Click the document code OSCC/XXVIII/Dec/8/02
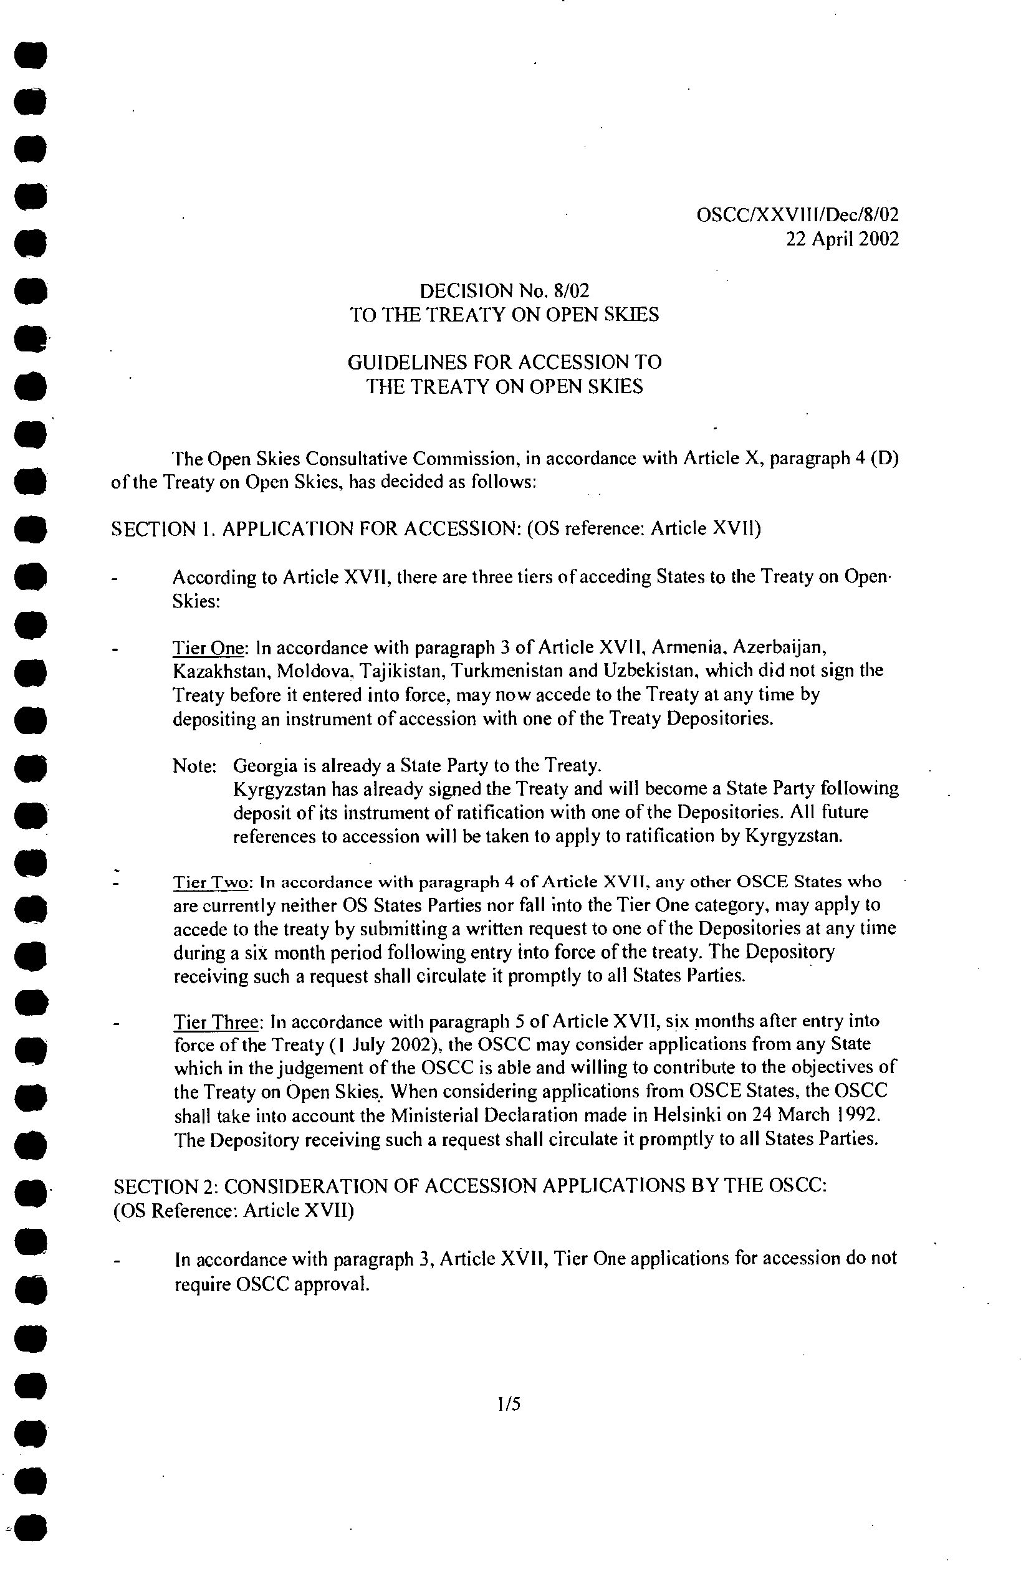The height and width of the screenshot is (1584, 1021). point(798,215)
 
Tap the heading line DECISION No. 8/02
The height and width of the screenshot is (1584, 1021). point(504,290)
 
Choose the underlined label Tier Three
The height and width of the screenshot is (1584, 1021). point(216,1021)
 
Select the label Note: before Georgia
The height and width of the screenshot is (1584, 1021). point(194,766)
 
